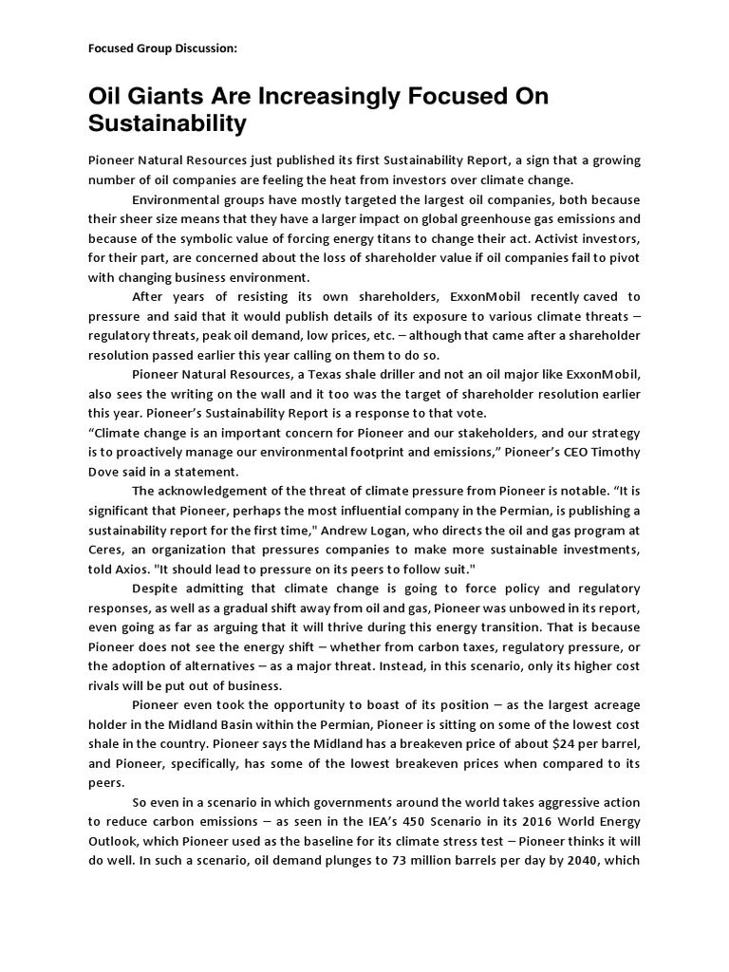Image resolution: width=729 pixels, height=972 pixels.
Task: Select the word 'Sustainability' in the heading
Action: pos(167,123)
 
